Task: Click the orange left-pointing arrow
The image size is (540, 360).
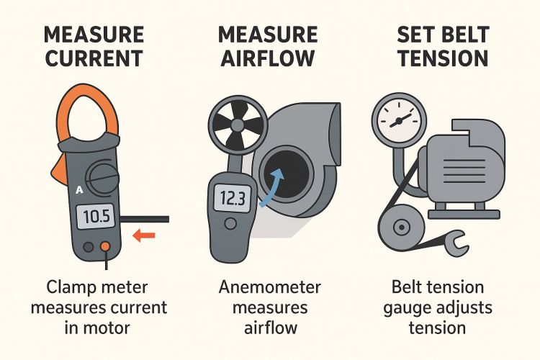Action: (144, 235)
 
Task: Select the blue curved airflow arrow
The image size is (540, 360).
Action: (272, 188)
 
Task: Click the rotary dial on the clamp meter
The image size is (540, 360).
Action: (102, 177)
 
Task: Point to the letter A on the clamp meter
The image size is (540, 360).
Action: (79, 190)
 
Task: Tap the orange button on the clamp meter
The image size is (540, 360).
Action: (105, 246)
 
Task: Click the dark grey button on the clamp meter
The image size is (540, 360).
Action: (89, 247)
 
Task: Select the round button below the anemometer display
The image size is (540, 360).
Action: (230, 224)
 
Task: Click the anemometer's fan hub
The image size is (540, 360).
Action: (238, 123)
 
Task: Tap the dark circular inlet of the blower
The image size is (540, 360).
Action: (287, 172)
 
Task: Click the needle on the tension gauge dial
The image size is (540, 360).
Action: (400, 120)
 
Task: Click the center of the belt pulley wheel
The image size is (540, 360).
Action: (401, 228)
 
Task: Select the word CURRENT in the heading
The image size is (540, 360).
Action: (94, 58)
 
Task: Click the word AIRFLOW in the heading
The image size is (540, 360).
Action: (268, 58)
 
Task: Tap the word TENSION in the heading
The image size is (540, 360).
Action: (444, 58)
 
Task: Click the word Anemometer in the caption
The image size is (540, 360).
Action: (270, 287)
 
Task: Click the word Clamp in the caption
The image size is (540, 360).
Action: (71, 287)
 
